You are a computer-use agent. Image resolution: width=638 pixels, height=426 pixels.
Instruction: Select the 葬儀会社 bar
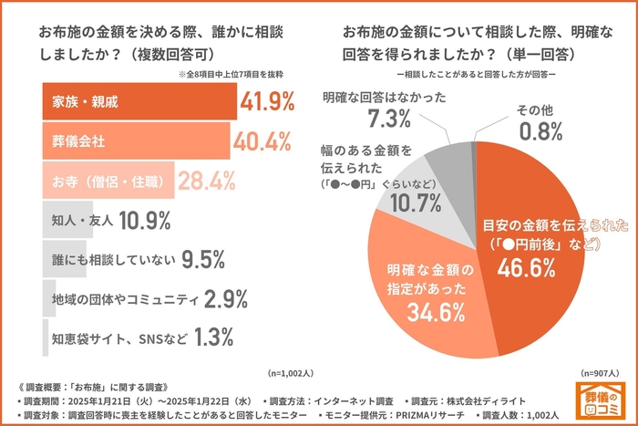tap(131, 140)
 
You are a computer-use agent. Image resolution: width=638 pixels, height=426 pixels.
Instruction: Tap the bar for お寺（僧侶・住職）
tap(108, 181)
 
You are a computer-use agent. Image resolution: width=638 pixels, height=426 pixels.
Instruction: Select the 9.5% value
tap(202, 259)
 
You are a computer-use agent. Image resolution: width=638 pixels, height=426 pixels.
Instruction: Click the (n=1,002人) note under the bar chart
tap(290, 373)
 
